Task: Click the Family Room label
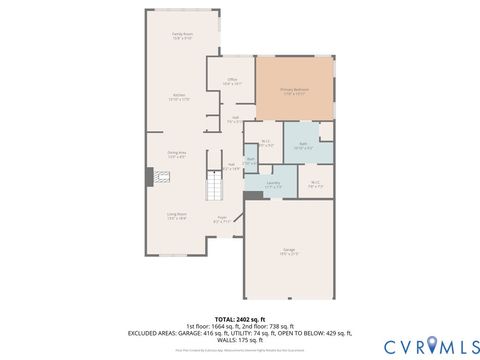tap(182, 36)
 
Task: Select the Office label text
tap(231, 83)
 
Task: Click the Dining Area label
tap(176, 154)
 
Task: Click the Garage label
tap(288, 251)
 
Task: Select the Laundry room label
tap(273, 184)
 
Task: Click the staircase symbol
tap(214, 186)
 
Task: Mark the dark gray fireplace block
tap(150, 177)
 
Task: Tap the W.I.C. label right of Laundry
tap(314, 183)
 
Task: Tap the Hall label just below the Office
tap(234, 120)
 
